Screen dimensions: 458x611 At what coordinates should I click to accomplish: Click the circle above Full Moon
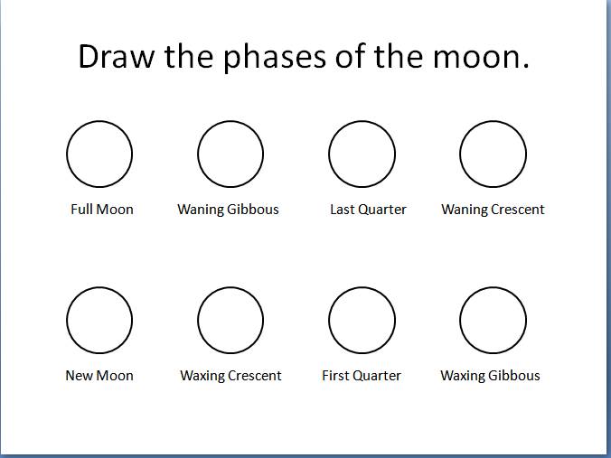[99, 154]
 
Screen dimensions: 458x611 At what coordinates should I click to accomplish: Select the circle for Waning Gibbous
[230, 154]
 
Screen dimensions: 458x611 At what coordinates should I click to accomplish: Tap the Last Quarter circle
[362, 154]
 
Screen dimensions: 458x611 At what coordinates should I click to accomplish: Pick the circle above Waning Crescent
[493, 154]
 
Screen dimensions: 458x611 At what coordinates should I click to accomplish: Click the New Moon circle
[99, 320]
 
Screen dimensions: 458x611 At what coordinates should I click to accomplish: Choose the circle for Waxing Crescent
[230, 320]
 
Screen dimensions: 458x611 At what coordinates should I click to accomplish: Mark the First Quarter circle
[362, 320]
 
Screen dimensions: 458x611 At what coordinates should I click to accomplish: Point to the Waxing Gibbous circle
[493, 320]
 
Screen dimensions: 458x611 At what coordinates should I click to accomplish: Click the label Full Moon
[102, 210]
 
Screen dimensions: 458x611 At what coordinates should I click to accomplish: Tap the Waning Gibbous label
[228, 210]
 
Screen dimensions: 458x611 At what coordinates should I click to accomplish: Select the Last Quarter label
[368, 210]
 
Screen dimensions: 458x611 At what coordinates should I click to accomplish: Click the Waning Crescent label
[493, 210]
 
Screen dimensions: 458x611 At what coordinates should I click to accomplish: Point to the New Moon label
[99, 376]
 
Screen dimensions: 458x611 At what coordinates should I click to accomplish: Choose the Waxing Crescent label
[230, 376]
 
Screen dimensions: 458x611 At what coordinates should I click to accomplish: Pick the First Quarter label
[362, 376]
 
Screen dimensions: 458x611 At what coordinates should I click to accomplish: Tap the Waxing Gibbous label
[490, 376]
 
